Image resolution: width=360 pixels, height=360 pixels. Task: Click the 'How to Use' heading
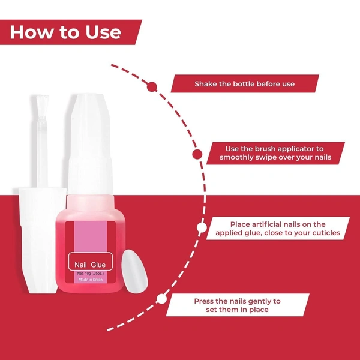coord(65,32)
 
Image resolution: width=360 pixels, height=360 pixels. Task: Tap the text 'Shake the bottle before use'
coord(245,84)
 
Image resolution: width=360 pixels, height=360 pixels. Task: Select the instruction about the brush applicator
coord(275,153)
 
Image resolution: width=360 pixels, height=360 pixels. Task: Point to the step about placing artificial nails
coord(278,229)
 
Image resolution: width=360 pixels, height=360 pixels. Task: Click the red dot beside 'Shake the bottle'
coord(152,87)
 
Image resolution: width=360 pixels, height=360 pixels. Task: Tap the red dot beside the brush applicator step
coord(197,154)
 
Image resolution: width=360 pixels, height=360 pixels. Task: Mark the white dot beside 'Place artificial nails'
coord(202,227)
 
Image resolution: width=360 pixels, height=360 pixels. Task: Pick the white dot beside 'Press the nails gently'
coord(161,299)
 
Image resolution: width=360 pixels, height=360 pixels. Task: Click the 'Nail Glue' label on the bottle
coord(90,265)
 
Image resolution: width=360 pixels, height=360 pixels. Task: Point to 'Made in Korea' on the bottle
coord(90,280)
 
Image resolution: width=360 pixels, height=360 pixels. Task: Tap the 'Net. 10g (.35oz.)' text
coord(90,273)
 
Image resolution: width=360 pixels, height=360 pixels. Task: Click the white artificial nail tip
coord(134,271)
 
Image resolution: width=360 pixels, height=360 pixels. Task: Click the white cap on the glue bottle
coord(90,144)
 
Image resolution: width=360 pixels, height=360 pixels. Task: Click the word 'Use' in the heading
coord(103,32)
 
